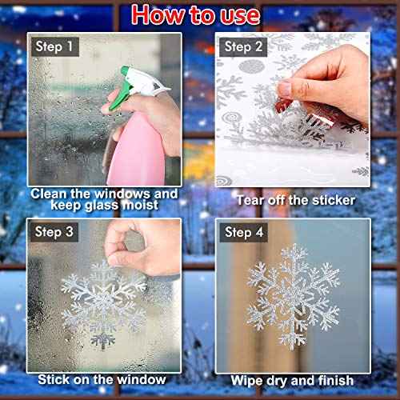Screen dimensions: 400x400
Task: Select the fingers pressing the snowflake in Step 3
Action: point(132,244)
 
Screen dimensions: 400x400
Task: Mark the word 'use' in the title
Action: point(238,15)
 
